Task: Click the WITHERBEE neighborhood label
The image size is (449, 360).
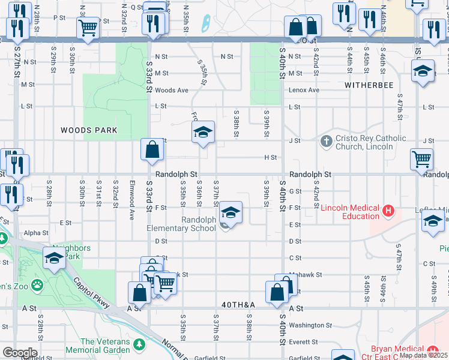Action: [369, 85]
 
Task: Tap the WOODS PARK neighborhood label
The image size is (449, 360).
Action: [88, 130]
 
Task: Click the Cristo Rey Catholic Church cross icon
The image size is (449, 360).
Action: [326, 142]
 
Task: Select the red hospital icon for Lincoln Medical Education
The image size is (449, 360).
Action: [388, 211]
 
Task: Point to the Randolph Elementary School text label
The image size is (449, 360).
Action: [181, 223]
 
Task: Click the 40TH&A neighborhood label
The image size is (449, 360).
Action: [238, 305]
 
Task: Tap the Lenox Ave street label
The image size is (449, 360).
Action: [304, 90]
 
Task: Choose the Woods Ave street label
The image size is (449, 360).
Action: [172, 91]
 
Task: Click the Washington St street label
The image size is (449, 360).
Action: [306, 325]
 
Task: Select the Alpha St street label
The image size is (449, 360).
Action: [36, 233]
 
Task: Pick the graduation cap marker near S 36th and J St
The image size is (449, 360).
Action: [203, 133]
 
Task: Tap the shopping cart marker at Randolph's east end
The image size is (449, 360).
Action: [422, 160]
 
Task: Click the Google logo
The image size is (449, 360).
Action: [20, 353]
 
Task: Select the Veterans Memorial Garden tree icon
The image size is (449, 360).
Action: [139, 345]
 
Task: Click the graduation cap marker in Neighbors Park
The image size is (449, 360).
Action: [54, 259]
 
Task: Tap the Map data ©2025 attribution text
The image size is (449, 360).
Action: [423, 355]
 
